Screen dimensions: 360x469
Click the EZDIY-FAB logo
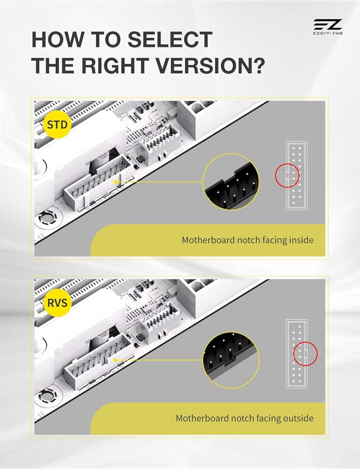(328, 27)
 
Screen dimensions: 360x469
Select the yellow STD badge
(57, 124)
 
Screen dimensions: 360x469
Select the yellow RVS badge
(57, 303)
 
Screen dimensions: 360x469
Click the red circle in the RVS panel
(305, 354)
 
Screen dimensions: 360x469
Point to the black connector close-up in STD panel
(231, 182)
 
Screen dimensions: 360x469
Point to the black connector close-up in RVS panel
(231, 360)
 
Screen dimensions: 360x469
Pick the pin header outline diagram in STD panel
(297, 175)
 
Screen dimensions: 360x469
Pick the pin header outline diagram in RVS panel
(297, 354)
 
